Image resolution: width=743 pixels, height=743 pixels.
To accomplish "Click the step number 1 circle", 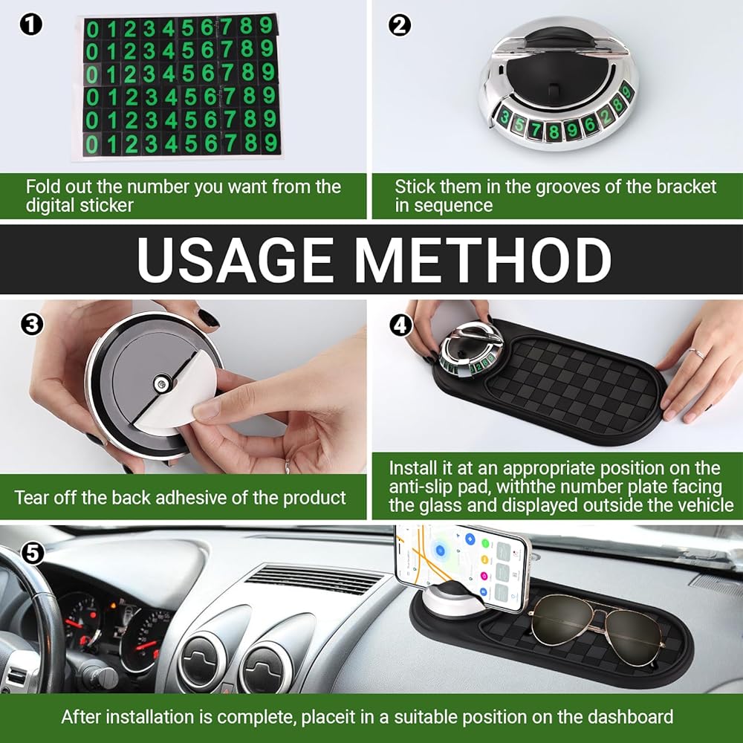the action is [30, 25].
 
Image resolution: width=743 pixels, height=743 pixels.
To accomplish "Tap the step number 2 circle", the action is [400, 25].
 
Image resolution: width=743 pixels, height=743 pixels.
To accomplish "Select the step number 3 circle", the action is [32, 325].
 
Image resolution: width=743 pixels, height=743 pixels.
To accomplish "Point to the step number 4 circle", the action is [401, 325].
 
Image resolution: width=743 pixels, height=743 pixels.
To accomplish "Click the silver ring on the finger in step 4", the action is [695, 353].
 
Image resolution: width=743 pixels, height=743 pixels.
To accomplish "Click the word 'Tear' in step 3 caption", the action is [31, 498].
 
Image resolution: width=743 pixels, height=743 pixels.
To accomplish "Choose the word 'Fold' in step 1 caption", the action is [42, 186].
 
